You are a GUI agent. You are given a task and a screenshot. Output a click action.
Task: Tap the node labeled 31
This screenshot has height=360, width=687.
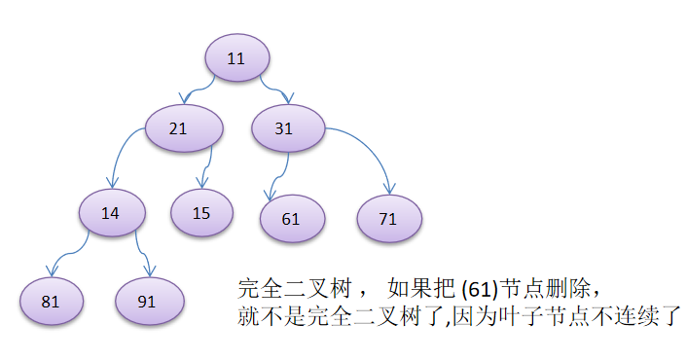pyautogui.click(x=285, y=128)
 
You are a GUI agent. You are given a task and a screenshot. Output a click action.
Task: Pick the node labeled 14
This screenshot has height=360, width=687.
pyautogui.click(x=111, y=212)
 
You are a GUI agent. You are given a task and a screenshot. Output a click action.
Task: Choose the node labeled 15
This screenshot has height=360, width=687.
pyautogui.click(x=201, y=212)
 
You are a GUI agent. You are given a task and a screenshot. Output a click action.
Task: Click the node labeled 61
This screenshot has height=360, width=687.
pyautogui.click(x=291, y=218)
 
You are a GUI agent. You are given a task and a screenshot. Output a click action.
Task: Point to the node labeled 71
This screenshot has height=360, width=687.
pyautogui.click(x=388, y=218)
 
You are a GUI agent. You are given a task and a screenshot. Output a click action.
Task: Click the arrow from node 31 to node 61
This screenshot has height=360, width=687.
pyautogui.click(x=275, y=175)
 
